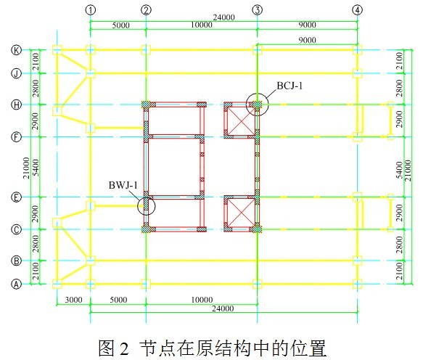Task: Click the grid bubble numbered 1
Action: (91, 10)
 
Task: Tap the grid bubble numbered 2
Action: (146, 10)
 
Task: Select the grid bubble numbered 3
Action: (257, 10)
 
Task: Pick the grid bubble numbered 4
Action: (358, 10)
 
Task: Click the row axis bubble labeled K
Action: (16, 50)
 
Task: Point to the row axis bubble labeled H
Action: (16, 105)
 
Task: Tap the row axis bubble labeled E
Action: (16, 197)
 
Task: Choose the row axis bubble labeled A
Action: (16, 284)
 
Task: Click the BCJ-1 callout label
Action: (289, 86)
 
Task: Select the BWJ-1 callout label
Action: (123, 185)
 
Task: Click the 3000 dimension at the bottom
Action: (74, 300)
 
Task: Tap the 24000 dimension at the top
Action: (224, 17)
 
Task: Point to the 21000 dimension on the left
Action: (26, 168)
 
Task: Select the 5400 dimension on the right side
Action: (400, 170)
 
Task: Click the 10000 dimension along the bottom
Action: (202, 300)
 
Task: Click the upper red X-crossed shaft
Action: (241, 120)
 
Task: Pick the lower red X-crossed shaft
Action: (241, 213)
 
